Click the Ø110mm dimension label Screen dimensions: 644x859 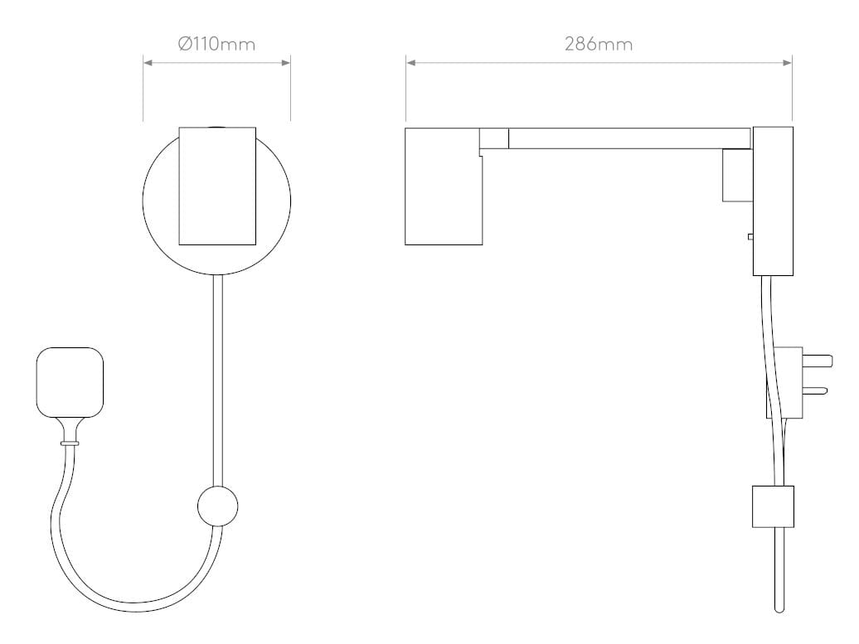pyautogui.click(x=216, y=44)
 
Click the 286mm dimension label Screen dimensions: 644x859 pyautogui.click(x=599, y=44)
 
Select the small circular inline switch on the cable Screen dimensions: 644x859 pyautogui.click(x=217, y=505)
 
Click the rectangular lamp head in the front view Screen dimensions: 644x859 pyautogui.click(x=217, y=186)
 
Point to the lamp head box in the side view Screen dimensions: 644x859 pyautogui.click(x=442, y=187)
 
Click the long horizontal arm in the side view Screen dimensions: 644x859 pyautogui.click(x=630, y=138)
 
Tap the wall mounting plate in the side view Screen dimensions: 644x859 pyautogui.click(x=773, y=201)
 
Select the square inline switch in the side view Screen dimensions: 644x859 pyautogui.click(x=773, y=506)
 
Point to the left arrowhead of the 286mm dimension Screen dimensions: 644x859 pyautogui.click(x=410, y=62)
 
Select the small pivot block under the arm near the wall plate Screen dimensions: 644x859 pyautogui.click(x=736, y=175)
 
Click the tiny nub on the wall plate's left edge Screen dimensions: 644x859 pyautogui.click(x=750, y=237)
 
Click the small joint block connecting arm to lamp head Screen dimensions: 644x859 pyautogui.click(x=494, y=138)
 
